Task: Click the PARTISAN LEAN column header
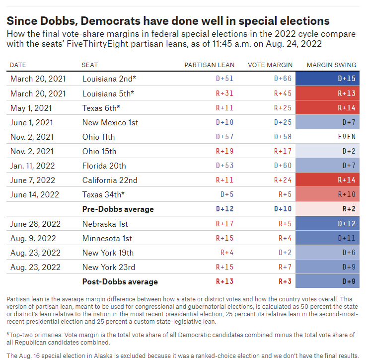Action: pyautogui.click(x=210, y=65)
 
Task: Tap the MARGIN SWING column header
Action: pyautogui.click(x=331, y=65)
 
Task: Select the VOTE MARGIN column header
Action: pyautogui.click(x=270, y=65)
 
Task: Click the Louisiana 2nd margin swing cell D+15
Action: pyautogui.click(x=327, y=79)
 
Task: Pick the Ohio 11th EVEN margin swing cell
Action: pyautogui.click(x=327, y=137)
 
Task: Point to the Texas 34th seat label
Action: pyautogui.click(x=103, y=194)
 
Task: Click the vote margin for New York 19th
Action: pyautogui.click(x=285, y=253)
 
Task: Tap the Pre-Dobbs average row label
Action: pyautogui.click(x=118, y=209)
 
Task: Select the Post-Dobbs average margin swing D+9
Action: pyautogui.click(x=327, y=281)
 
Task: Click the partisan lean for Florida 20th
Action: pyautogui.click(x=224, y=166)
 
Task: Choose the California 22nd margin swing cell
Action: pyautogui.click(x=327, y=180)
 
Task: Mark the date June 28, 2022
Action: pyautogui.click(x=35, y=224)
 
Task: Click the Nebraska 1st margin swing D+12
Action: pyautogui.click(x=327, y=224)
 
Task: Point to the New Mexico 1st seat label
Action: pyautogui.click(x=110, y=122)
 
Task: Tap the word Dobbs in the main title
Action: pyautogui.click(x=59, y=21)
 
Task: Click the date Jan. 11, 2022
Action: pyautogui.click(x=32, y=166)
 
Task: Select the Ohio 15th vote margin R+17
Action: pyautogui.click(x=283, y=151)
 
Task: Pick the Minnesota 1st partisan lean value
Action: pyautogui.click(x=224, y=238)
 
